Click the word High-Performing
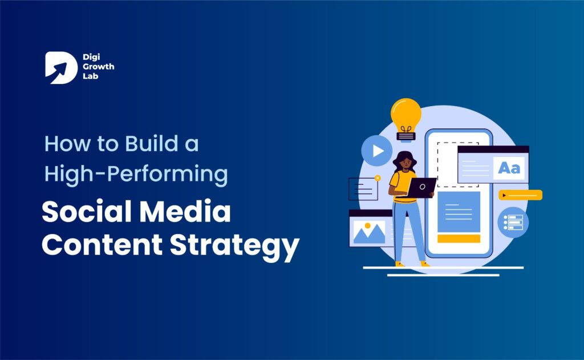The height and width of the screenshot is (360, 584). tap(136, 174)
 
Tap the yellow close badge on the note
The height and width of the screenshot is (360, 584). tap(377, 178)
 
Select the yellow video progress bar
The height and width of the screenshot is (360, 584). tap(520, 195)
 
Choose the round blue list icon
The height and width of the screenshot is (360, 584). tap(513, 223)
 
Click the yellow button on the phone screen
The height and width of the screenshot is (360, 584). tap(458, 238)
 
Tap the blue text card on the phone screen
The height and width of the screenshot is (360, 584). tap(458, 212)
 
